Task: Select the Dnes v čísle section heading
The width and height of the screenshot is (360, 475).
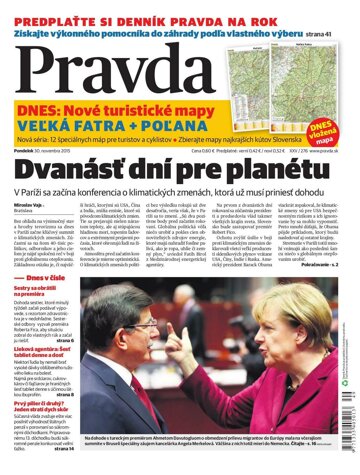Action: (x=46, y=279)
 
